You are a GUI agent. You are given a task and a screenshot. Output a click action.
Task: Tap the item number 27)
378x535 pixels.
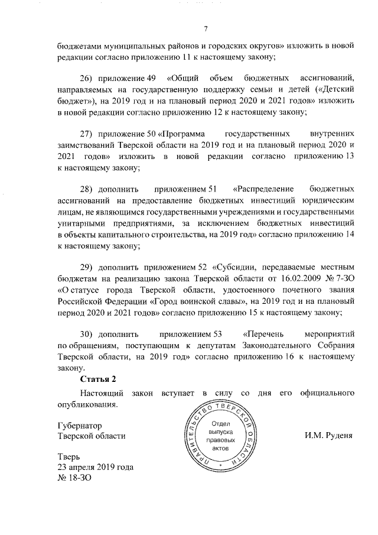(86, 135)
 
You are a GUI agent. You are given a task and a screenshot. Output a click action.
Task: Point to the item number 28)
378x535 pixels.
(86, 190)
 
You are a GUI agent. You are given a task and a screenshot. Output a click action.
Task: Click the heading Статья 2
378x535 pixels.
(99, 379)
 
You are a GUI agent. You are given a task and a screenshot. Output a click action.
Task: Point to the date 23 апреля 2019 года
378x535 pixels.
(95, 467)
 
